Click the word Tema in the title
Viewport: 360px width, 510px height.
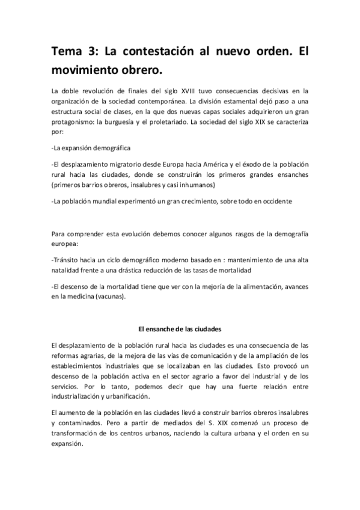coord(67,52)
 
